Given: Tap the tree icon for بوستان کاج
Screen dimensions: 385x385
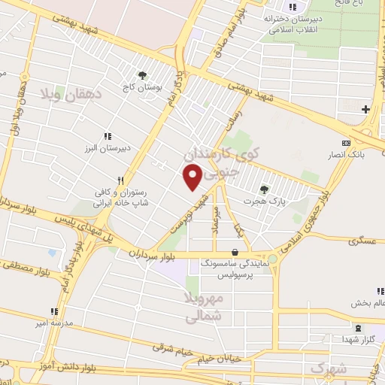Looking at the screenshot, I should pyautogui.click(x=141, y=74).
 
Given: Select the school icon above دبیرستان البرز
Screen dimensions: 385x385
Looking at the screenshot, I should pyautogui.click(x=107, y=135).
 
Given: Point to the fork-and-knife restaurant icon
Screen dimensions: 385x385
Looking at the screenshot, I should pyautogui.click(x=98, y=180).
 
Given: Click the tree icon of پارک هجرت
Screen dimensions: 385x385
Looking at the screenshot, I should pyautogui.click(x=263, y=189).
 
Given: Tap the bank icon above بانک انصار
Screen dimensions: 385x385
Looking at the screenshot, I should pyautogui.click(x=346, y=143).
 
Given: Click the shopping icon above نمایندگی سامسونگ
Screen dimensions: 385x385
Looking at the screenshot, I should pyautogui.click(x=237, y=252).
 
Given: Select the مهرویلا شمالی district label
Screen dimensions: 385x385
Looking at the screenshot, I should pyautogui.click(x=203, y=309).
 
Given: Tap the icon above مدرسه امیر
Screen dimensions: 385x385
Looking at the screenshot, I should pyautogui.click(x=53, y=311).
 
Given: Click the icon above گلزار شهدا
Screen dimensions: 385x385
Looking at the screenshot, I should pyautogui.click(x=357, y=328).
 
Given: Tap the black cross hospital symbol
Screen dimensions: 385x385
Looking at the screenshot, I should pyautogui.click(x=365, y=111).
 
